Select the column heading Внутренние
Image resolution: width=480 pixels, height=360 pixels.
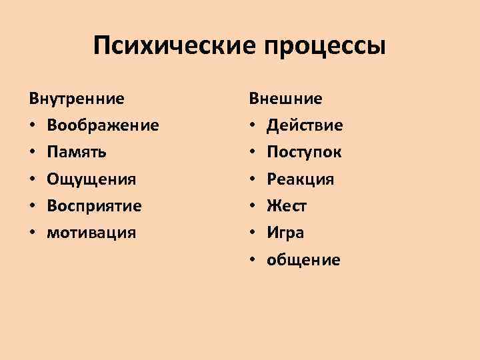click(x=76, y=99)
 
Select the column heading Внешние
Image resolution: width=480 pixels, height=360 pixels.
click(x=286, y=99)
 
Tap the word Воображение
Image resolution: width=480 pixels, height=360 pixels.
click(x=103, y=126)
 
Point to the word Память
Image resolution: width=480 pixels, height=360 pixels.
click(x=77, y=153)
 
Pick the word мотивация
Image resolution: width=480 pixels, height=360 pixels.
click(x=91, y=233)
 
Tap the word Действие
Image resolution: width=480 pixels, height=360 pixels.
click(x=305, y=126)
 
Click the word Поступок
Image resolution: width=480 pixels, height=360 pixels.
click(x=304, y=153)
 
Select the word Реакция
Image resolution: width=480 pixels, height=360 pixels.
click(x=301, y=179)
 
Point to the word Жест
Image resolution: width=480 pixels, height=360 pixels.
click(x=287, y=206)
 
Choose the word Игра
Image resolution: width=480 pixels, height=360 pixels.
click(x=285, y=233)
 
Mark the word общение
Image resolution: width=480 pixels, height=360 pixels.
click(x=303, y=260)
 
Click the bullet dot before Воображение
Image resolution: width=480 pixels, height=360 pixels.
click(x=33, y=126)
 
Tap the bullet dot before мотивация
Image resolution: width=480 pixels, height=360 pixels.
click(x=33, y=233)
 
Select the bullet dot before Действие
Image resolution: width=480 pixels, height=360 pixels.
click(x=253, y=126)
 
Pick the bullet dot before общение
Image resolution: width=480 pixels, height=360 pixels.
click(x=253, y=260)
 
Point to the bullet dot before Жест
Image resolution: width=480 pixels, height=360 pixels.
click(x=253, y=206)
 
